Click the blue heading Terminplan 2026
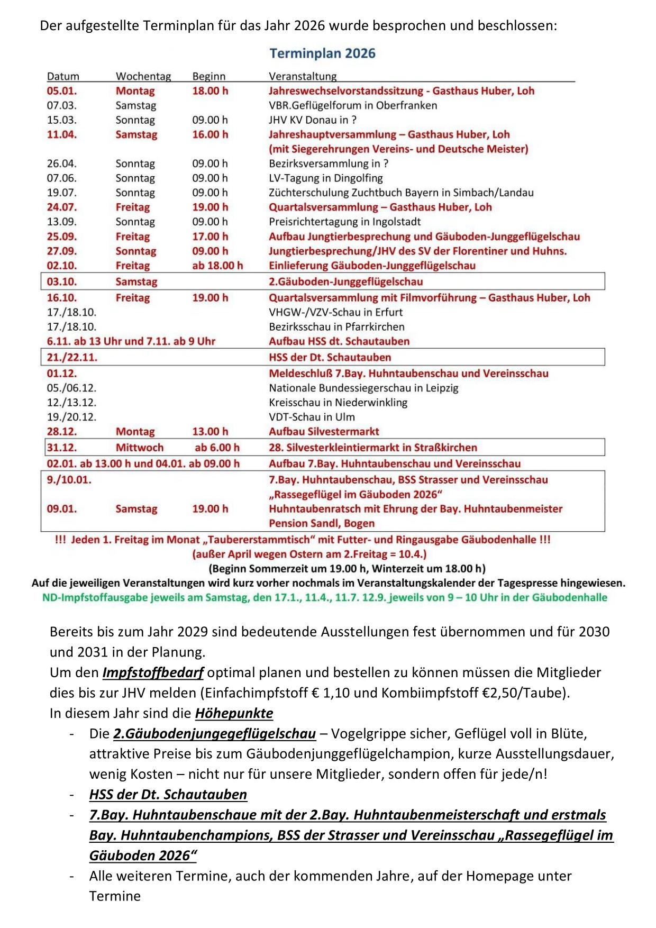(322, 53)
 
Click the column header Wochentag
(143, 76)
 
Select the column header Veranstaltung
(303, 76)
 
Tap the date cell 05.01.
(61, 91)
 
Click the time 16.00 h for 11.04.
(210, 134)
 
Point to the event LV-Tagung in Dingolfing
(325, 178)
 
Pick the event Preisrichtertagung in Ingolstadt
(344, 222)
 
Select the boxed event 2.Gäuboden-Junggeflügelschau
(345, 281)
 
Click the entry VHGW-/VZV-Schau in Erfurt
(335, 312)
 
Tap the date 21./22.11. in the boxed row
(72, 357)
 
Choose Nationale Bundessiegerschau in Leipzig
(363, 388)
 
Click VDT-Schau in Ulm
(312, 417)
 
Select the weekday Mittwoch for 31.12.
(140, 448)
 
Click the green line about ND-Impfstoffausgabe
(324, 598)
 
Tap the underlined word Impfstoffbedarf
(153, 673)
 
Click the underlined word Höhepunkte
(234, 713)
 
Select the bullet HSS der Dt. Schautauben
(168, 795)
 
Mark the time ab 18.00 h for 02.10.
(217, 266)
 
